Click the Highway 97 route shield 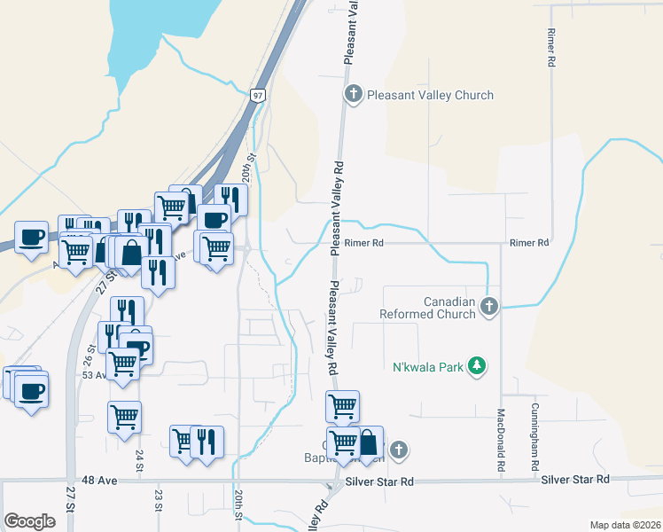pyautogui.click(x=258, y=95)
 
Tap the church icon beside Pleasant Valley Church pyautogui.click(x=354, y=95)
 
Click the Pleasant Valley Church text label pyautogui.click(x=430, y=95)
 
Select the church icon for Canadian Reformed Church pyautogui.click(x=488, y=307)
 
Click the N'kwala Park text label pyautogui.click(x=428, y=367)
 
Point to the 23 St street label pyautogui.click(x=159, y=501)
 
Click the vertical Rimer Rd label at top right pyautogui.click(x=550, y=47)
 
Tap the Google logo pyautogui.click(x=29, y=520)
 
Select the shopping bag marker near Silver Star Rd pyautogui.click(x=369, y=442)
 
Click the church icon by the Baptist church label pyautogui.click(x=400, y=450)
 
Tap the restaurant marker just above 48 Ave pyautogui.click(x=207, y=442)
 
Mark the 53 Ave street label pyautogui.click(x=95, y=375)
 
